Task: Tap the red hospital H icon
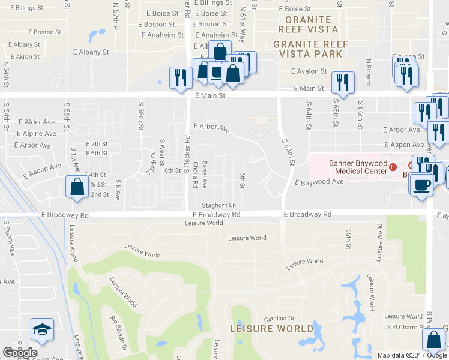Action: (x=393, y=166)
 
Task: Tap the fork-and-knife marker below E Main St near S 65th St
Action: (x=342, y=83)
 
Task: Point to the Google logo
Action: (x=20, y=353)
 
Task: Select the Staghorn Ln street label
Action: (x=218, y=205)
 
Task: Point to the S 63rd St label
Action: (x=289, y=151)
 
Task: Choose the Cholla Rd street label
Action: (x=194, y=172)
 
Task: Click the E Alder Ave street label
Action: (x=36, y=122)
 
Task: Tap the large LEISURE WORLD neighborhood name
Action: (x=272, y=329)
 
